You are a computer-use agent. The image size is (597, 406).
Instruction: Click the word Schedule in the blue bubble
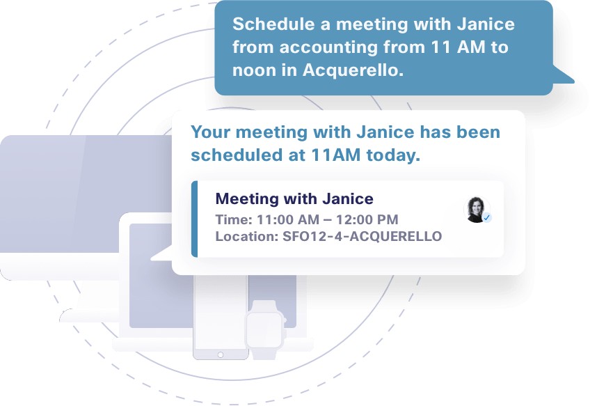(273, 24)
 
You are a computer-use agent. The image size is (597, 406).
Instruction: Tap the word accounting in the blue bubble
(328, 48)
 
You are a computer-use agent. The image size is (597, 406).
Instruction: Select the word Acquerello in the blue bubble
(353, 70)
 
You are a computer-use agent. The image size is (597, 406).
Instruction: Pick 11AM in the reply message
(336, 155)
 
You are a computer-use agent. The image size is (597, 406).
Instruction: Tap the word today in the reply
(393, 155)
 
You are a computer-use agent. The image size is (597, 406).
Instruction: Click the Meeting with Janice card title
(294, 198)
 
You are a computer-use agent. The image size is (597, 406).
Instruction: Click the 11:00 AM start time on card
(288, 219)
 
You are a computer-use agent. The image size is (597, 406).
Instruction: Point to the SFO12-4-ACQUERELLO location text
(362, 236)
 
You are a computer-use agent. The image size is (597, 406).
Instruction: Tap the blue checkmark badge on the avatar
(486, 218)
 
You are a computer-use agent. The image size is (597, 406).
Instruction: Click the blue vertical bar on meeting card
(195, 219)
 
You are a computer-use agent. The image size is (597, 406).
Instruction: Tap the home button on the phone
(221, 355)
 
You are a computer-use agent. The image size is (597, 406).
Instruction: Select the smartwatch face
(264, 330)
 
